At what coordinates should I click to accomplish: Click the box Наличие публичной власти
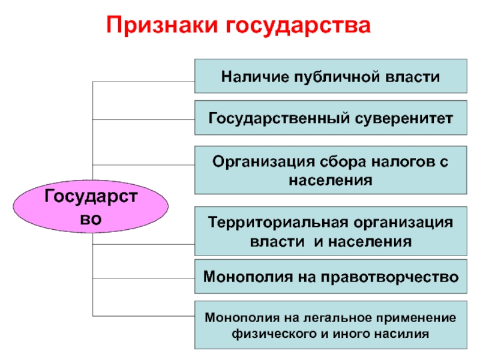(x=331, y=76)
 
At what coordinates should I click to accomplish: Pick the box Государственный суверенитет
(x=331, y=118)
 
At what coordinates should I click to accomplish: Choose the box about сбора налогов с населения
(x=331, y=170)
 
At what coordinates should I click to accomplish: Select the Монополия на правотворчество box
(x=331, y=277)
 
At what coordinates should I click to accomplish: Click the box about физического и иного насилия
(x=331, y=325)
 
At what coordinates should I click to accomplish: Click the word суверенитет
(x=407, y=118)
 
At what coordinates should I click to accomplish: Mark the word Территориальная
(x=273, y=223)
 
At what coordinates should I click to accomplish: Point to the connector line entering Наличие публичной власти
(x=144, y=82)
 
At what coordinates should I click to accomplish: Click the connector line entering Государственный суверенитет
(x=144, y=119)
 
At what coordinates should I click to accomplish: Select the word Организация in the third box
(x=256, y=161)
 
